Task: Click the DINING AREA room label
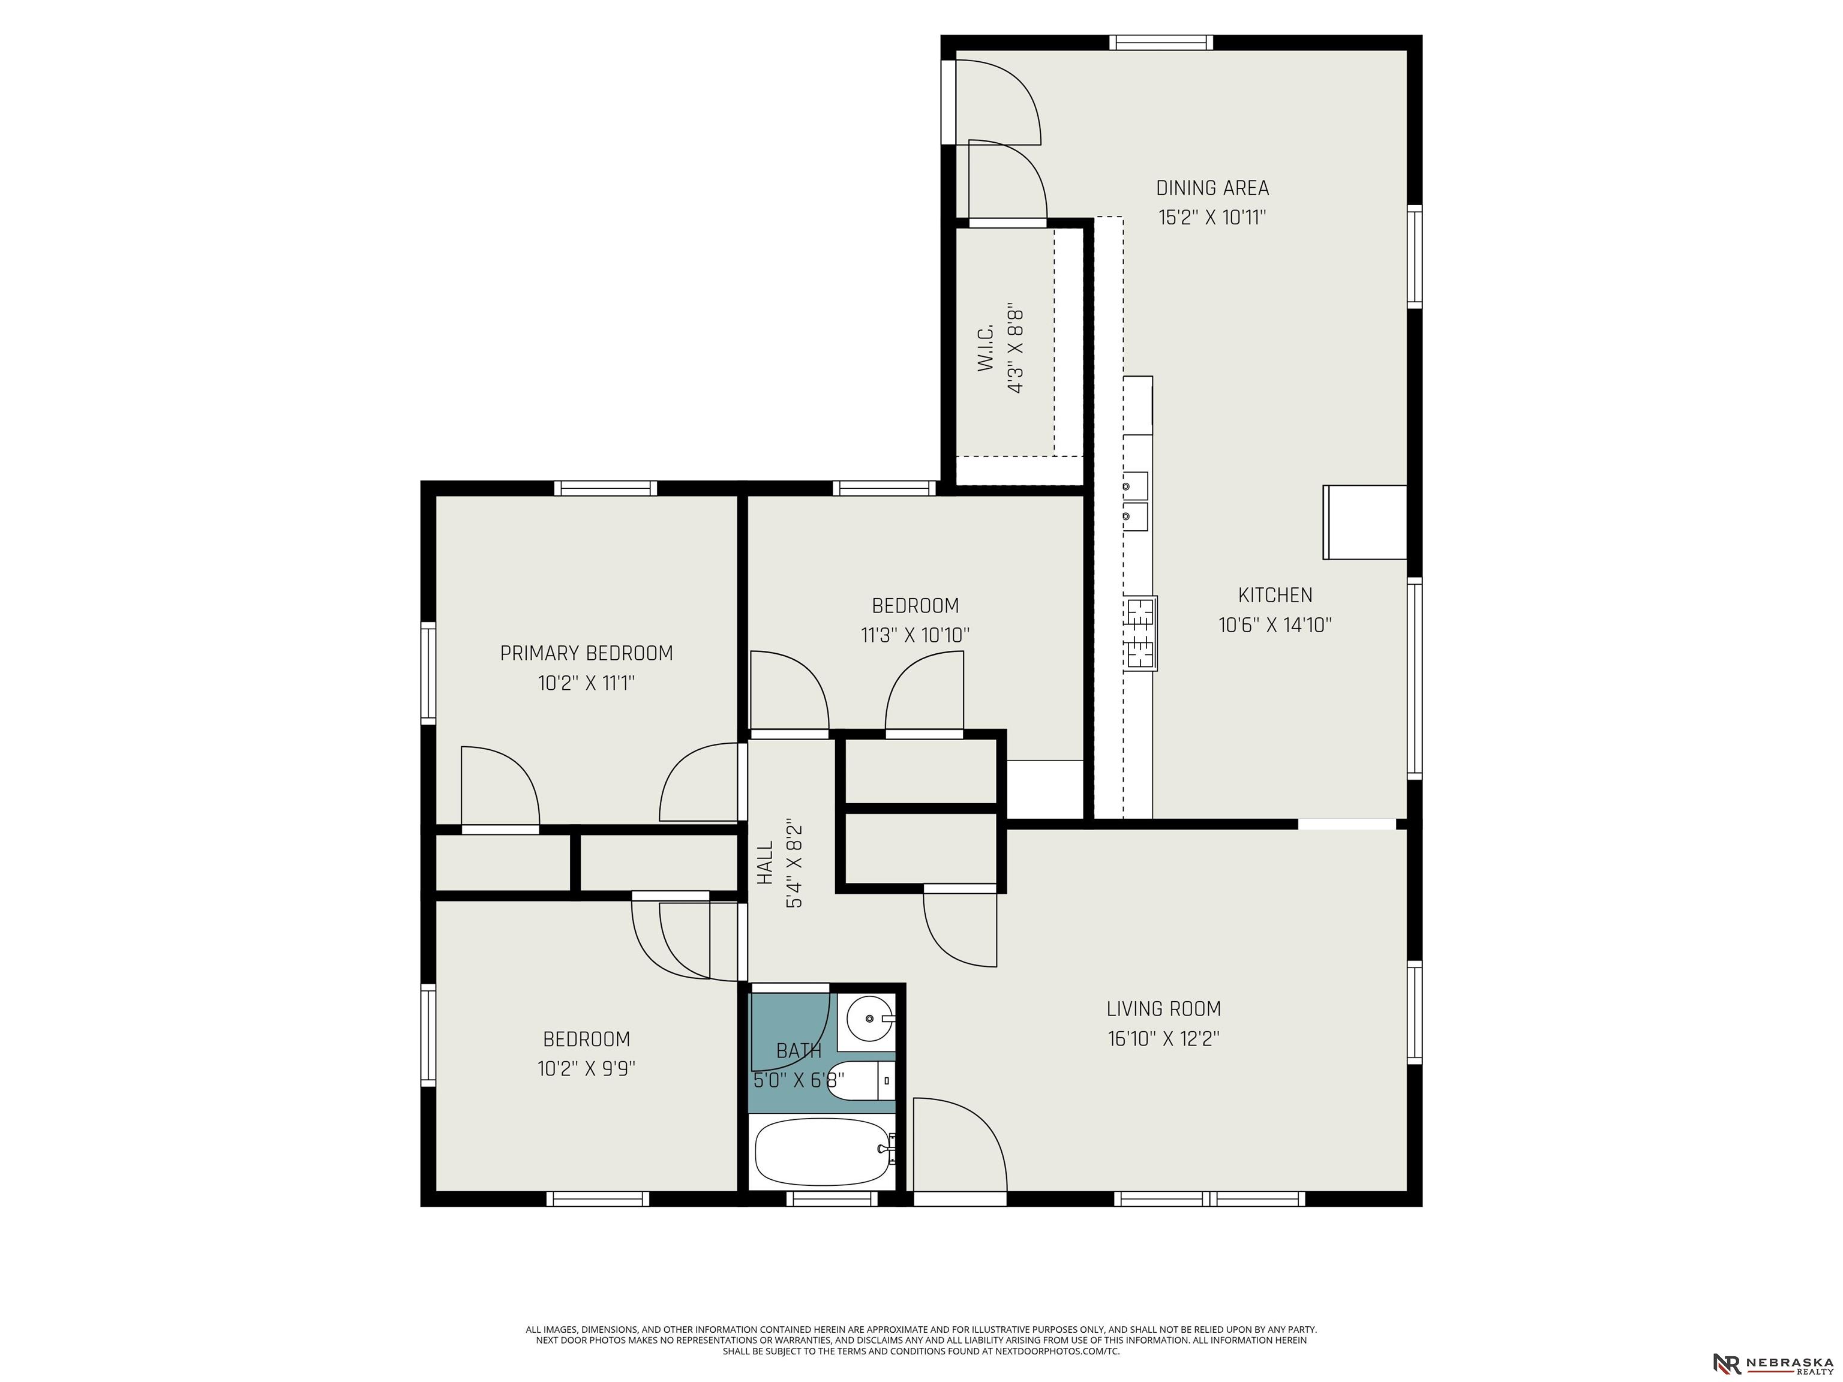[x=1212, y=188]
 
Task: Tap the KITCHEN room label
[x=1275, y=596]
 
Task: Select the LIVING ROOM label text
[x=1163, y=1009]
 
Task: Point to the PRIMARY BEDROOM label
[x=587, y=653]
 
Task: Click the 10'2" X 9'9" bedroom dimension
[x=587, y=1068]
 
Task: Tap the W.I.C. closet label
[x=986, y=348]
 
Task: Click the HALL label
[x=765, y=863]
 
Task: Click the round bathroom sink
[x=870, y=1018]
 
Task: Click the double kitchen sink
[x=1135, y=501]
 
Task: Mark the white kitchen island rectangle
[x=1365, y=522]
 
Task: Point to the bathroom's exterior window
[x=832, y=1198]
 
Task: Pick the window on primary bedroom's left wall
[x=428, y=673]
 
